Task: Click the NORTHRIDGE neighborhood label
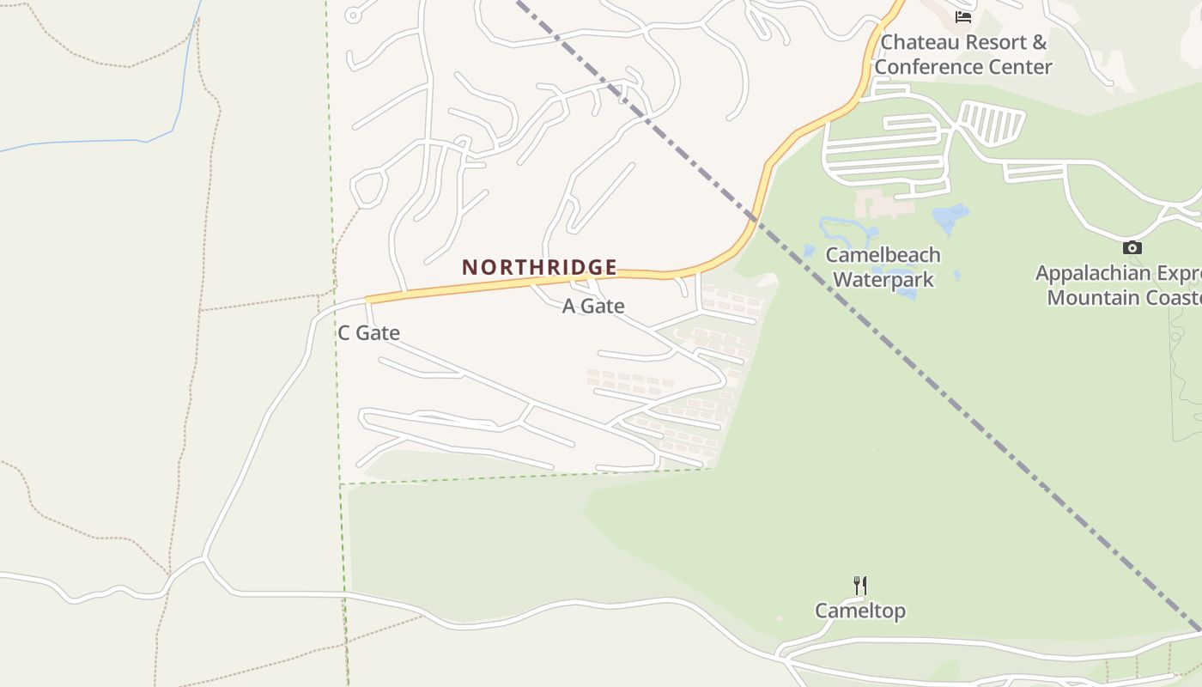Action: coord(539,267)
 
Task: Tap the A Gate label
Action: coord(592,306)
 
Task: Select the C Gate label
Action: coord(368,333)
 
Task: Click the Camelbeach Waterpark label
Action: coord(883,267)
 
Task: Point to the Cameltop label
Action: coord(859,611)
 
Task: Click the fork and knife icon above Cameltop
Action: coord(859,586)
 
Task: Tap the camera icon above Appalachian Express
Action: coord(1132,248)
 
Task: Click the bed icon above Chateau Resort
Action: coord(962,16)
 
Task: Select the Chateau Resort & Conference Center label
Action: coord(963,54)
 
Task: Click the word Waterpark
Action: coord(883,280)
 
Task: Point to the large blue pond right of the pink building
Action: coord(950,217)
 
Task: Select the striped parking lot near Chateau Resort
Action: coord(992,122)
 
